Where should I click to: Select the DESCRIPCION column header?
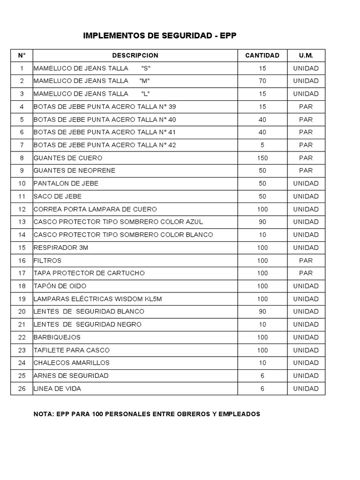(x=135, y=55)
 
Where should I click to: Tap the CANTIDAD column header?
(x=262, y=55)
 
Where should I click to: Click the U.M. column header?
(x=306, y=55)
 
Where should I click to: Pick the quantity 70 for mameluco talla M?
(x=262, y=81)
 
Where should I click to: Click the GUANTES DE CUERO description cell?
(x=68, y=158)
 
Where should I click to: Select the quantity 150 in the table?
(x=262, y=158)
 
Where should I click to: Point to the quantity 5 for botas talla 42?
(x=262, y=145)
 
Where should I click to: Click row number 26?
(x=22, y=389)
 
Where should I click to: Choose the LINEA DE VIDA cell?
(x=60, y=389)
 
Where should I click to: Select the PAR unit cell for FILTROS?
(x=306, y=260)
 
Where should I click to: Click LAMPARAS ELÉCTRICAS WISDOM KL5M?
(x=97, y=299)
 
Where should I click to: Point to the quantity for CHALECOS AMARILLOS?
(x=262, y=363)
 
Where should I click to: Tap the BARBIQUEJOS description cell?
(x=57, y=337)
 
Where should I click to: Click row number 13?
(x=22, y=222)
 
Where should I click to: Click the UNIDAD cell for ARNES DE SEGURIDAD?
(x=306, y=375)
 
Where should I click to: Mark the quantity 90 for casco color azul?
(x=262, y=222)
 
